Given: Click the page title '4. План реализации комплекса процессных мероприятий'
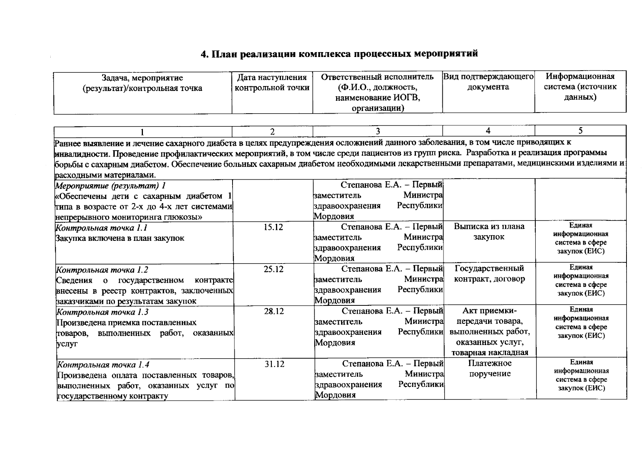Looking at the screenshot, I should click(339, 54).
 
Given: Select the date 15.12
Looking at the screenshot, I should click(273, 227).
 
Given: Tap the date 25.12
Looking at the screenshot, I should click(273, 269).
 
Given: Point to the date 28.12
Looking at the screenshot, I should click(274, 311).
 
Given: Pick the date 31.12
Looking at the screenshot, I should click(274, 364).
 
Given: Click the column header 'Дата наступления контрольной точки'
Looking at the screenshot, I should click(272, 83).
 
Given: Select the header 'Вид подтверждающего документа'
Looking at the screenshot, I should click(488, 82).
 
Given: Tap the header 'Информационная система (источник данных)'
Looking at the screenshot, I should click(580, 86).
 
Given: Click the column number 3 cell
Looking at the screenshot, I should click(377, 131).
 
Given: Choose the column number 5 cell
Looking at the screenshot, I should click(580, 131).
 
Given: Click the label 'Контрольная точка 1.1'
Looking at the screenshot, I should click(101, 228).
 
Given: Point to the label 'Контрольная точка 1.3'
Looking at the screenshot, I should click(102, 312).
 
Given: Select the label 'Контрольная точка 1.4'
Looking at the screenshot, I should click(103, 365).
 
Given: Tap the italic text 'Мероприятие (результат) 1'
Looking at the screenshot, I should click(110, 186).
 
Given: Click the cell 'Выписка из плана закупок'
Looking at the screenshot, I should click(489, 231).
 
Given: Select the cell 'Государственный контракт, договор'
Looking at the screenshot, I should click(489, 274).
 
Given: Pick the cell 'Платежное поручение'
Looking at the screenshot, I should click(490, 368).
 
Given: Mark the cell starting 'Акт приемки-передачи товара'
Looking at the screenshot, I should click(490, 331).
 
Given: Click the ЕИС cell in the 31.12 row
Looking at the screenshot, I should click(581, 375).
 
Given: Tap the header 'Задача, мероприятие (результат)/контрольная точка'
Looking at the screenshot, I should click(142, 83).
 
